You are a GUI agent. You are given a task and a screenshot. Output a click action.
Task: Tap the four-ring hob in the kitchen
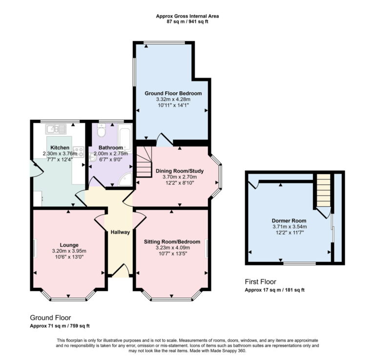tap(78, 152)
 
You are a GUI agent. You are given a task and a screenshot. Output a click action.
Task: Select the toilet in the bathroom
tap(101, 131)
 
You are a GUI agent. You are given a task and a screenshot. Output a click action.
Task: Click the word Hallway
tap(120, 232)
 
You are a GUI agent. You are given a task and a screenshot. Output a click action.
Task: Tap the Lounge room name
tap(69, 245)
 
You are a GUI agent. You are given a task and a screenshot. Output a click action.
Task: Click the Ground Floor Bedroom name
tap(173, 93)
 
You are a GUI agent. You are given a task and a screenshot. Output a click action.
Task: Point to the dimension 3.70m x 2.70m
tap(179, 177)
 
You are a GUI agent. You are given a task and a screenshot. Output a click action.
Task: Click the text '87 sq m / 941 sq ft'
tap(187, 22)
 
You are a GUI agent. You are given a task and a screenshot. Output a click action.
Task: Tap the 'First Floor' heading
tap(260, 281)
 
